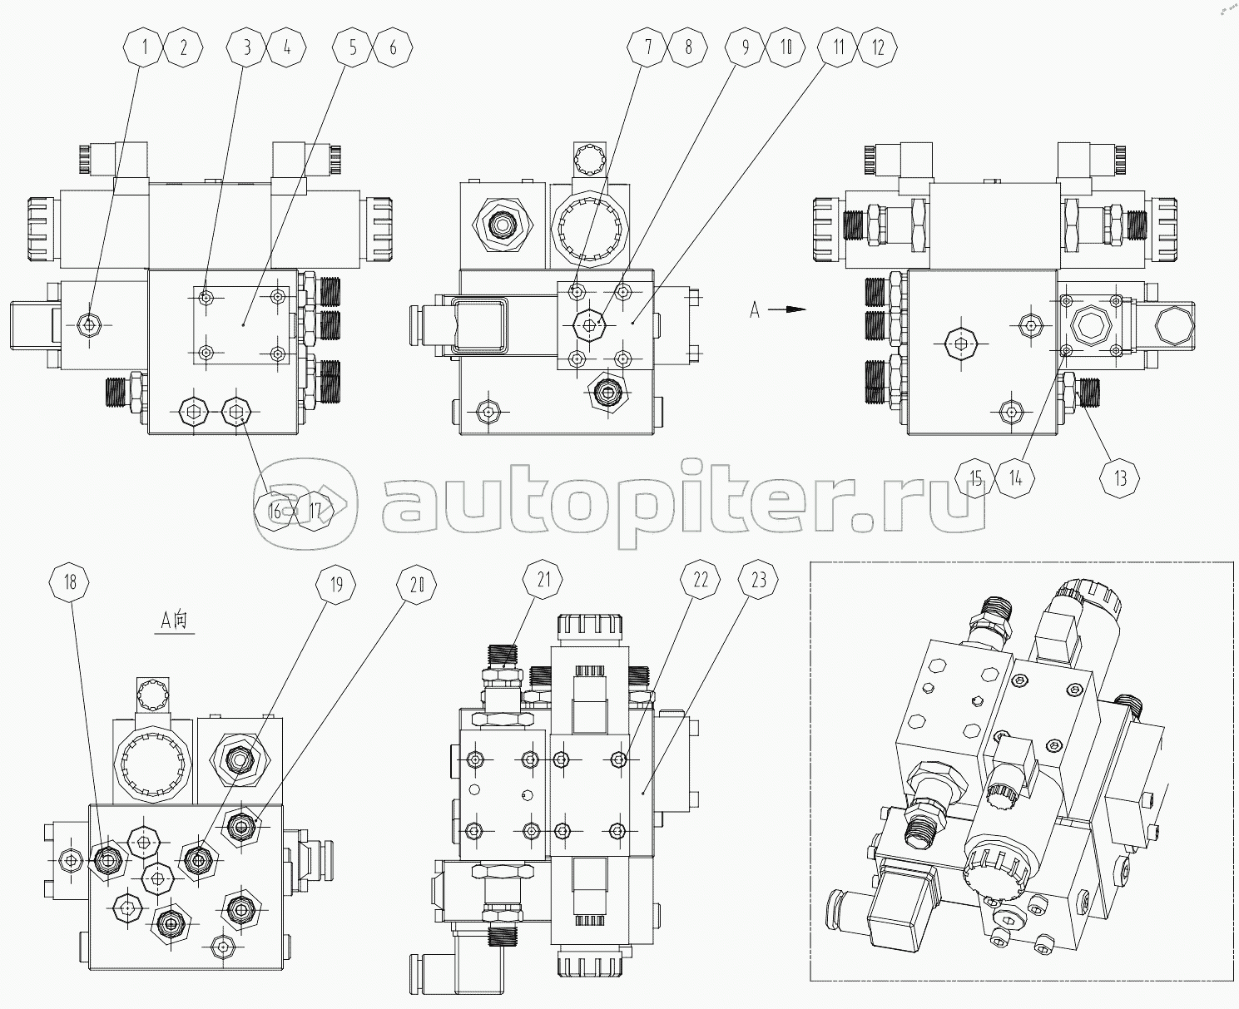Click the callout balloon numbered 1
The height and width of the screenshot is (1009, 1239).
(145, 47)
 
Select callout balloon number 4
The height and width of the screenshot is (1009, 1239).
(287, 47)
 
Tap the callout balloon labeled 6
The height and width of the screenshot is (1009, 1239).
(393, 47)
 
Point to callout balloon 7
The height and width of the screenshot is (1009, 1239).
(648, 47)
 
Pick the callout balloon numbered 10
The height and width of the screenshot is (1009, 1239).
(786, 47)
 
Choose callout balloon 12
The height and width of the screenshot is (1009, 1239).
(878, 47)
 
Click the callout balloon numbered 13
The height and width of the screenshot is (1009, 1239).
(1120, 477)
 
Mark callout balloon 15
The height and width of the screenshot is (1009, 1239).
(976, 477)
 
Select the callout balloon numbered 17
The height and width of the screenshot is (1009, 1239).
(315, 510)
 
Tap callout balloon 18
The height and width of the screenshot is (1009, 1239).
(70, 581)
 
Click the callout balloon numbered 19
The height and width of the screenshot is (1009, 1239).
(335, 585)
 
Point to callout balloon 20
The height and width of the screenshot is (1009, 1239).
(416, 585)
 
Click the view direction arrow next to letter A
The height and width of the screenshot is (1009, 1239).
(786, 309)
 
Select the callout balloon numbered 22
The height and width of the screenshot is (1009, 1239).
(700, 581)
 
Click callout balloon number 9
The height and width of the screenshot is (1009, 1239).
(745, 47)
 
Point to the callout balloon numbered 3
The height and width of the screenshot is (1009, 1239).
(246, 47)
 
